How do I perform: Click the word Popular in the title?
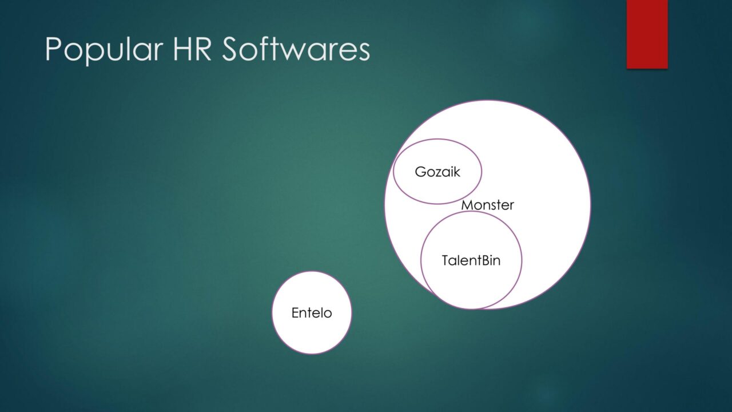tap(104, 50)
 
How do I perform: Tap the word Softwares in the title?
tap(296, 49)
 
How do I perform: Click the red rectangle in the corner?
tap(647, 34)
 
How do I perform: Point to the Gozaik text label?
tap(437, 172)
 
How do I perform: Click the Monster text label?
tap(488, 205)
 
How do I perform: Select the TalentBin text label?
tap(471, 260)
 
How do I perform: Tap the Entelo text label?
tap(312, 313)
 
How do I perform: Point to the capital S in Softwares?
tap(231, 49)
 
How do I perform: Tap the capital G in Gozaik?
tap(420, 172)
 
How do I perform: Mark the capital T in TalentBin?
tap(446, 260)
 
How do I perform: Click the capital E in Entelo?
tap(295, 313)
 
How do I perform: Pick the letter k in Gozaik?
tap(456, 172)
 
